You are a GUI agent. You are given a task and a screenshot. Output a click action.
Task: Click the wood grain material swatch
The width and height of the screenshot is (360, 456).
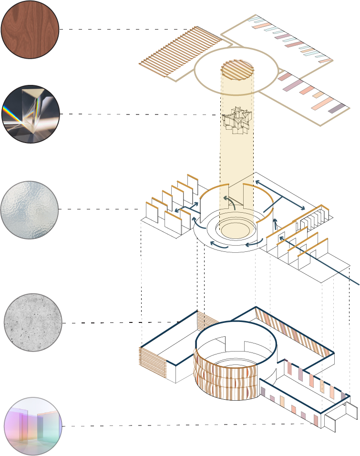click(31, 30)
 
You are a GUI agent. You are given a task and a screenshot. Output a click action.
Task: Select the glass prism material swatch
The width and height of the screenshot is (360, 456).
click(31, 114)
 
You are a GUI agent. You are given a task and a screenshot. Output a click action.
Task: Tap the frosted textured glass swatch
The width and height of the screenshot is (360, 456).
click(30, 210)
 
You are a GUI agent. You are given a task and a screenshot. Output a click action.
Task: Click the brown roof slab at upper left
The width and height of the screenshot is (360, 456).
click(191, 52)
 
